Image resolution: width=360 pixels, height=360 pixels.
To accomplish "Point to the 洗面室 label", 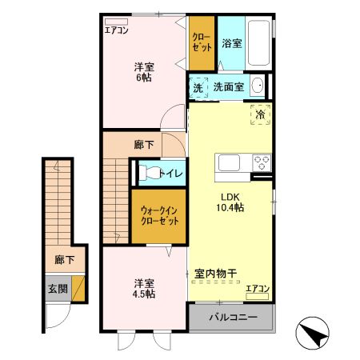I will point(228,87).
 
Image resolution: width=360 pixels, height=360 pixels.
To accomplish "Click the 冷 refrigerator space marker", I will point(260,115).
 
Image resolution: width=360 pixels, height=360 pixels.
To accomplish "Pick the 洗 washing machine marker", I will point(198,87).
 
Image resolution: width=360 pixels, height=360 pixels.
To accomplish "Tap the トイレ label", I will point(172,173).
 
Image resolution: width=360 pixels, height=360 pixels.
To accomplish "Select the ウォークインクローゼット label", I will point(158,216).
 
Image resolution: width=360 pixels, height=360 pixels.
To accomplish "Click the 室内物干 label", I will point(218,274).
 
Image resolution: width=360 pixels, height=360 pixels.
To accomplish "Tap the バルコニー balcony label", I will point(231,318).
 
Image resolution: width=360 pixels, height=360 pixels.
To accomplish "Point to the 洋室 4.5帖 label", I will point(145,288).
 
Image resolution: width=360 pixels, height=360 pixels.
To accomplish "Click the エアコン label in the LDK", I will point(258,288).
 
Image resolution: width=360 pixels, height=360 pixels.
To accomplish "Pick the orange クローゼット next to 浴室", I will point(202,44).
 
